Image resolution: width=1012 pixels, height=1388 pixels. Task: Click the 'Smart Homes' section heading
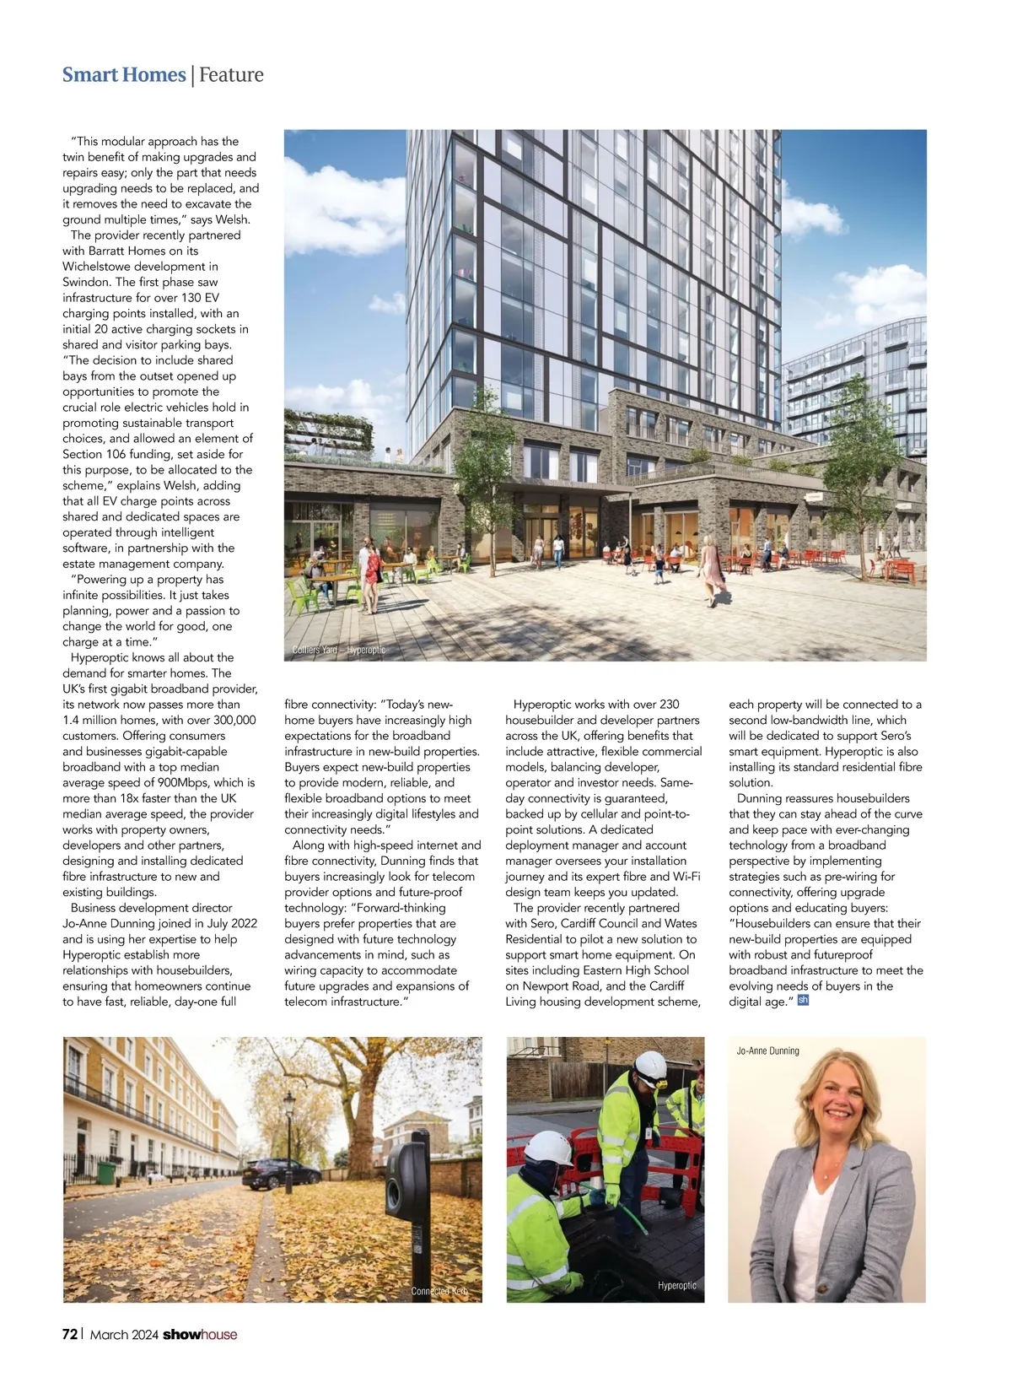click(124, 75)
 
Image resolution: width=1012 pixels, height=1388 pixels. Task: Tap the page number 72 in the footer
click(70, 1334)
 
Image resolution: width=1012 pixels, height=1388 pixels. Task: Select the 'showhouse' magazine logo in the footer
click(200, 1334)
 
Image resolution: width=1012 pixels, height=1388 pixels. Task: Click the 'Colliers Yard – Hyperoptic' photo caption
click(338, 650)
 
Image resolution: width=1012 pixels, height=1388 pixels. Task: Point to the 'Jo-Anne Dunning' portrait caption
click(767, 1050)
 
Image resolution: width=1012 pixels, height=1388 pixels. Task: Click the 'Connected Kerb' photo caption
click(439, 1291)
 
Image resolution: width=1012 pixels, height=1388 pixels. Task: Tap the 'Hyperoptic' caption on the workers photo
click(677, 1285)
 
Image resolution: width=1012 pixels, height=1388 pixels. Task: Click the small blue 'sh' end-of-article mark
click(803, 1001)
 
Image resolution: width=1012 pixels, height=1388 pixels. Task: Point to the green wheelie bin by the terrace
click(106, 1172)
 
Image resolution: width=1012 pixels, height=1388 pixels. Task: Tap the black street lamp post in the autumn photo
click(289, 1139)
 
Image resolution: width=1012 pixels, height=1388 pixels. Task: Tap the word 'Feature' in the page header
click(231, 75)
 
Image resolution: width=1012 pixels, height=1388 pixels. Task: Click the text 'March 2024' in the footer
click(123, 1334)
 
